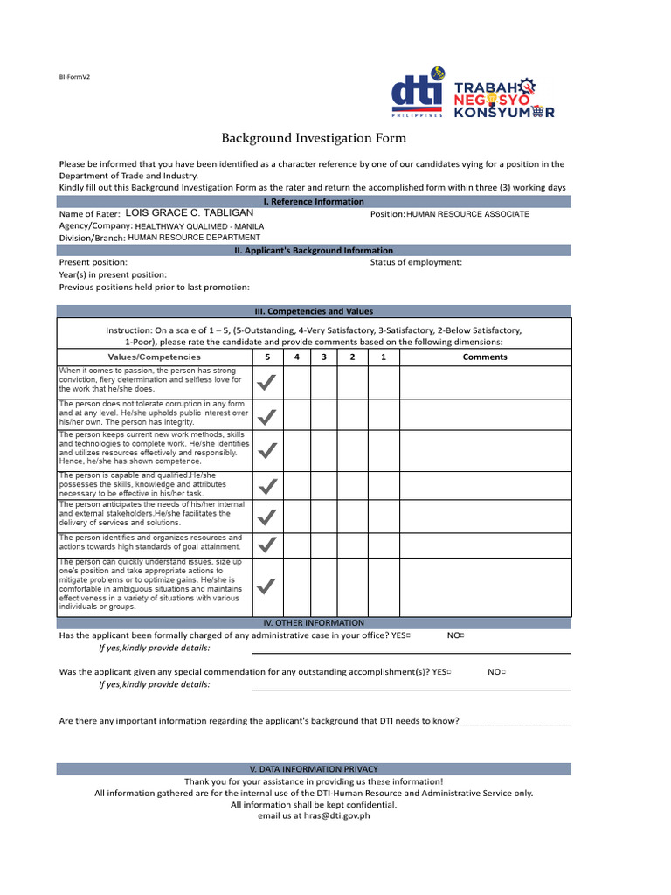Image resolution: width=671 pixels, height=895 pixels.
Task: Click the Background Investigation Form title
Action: point(314,138)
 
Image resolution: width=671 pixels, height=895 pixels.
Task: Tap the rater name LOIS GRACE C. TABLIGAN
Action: point(190,213)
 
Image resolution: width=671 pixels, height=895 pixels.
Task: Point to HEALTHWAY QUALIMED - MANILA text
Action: point(199,225)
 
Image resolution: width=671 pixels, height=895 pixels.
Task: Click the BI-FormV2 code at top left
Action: point(74,77)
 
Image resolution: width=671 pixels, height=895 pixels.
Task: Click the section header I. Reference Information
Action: point(314,201)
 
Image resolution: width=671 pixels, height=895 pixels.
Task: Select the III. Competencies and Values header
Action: point(314,311)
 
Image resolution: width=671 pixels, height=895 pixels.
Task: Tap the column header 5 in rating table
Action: point(267,357)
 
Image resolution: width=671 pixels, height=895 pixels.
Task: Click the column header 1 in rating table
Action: point(383,357)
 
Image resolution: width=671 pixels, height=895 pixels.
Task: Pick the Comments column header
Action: point(485,357)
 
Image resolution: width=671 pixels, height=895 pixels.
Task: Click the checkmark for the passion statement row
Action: point(267,382)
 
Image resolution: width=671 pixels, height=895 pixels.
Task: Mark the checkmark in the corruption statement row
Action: point(267,414)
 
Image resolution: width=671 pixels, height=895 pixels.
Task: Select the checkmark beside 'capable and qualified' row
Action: point(267,485)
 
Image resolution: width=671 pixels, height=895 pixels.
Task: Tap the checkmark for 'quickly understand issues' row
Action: point(267,586)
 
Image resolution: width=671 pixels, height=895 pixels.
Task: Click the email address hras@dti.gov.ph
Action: point(336,815)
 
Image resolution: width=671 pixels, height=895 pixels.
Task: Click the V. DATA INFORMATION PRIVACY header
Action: point(314,768)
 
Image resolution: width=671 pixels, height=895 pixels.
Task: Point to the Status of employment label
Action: point(416,262)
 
